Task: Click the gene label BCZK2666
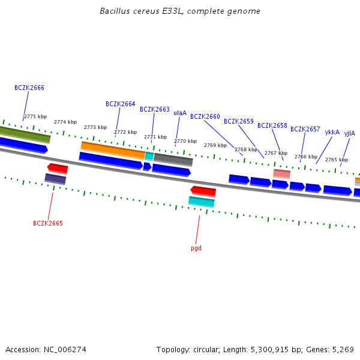(x=29, y=88)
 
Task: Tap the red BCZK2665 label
(x=48, y=223)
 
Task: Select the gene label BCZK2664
(x=121, y=104)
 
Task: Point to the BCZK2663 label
(x=155, y=109)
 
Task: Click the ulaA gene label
(x=180, y=113)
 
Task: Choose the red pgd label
(x=196, y=248)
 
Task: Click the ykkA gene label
(x=332, y=132)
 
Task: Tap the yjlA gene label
(x=350, y=133)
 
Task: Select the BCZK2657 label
(x=305, y=129)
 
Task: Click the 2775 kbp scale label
(x=35, y=116)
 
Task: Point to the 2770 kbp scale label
(x=185, y=141)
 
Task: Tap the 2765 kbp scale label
(x=337, y=160)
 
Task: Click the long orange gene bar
(x=113, y=150)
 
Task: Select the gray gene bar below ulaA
(x=173, y=160)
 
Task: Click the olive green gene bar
(x=25, y=134)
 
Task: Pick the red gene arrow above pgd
(x=203, y=191)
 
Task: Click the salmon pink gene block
(x=281, y=173)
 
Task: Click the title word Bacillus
(x=115, y=11)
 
